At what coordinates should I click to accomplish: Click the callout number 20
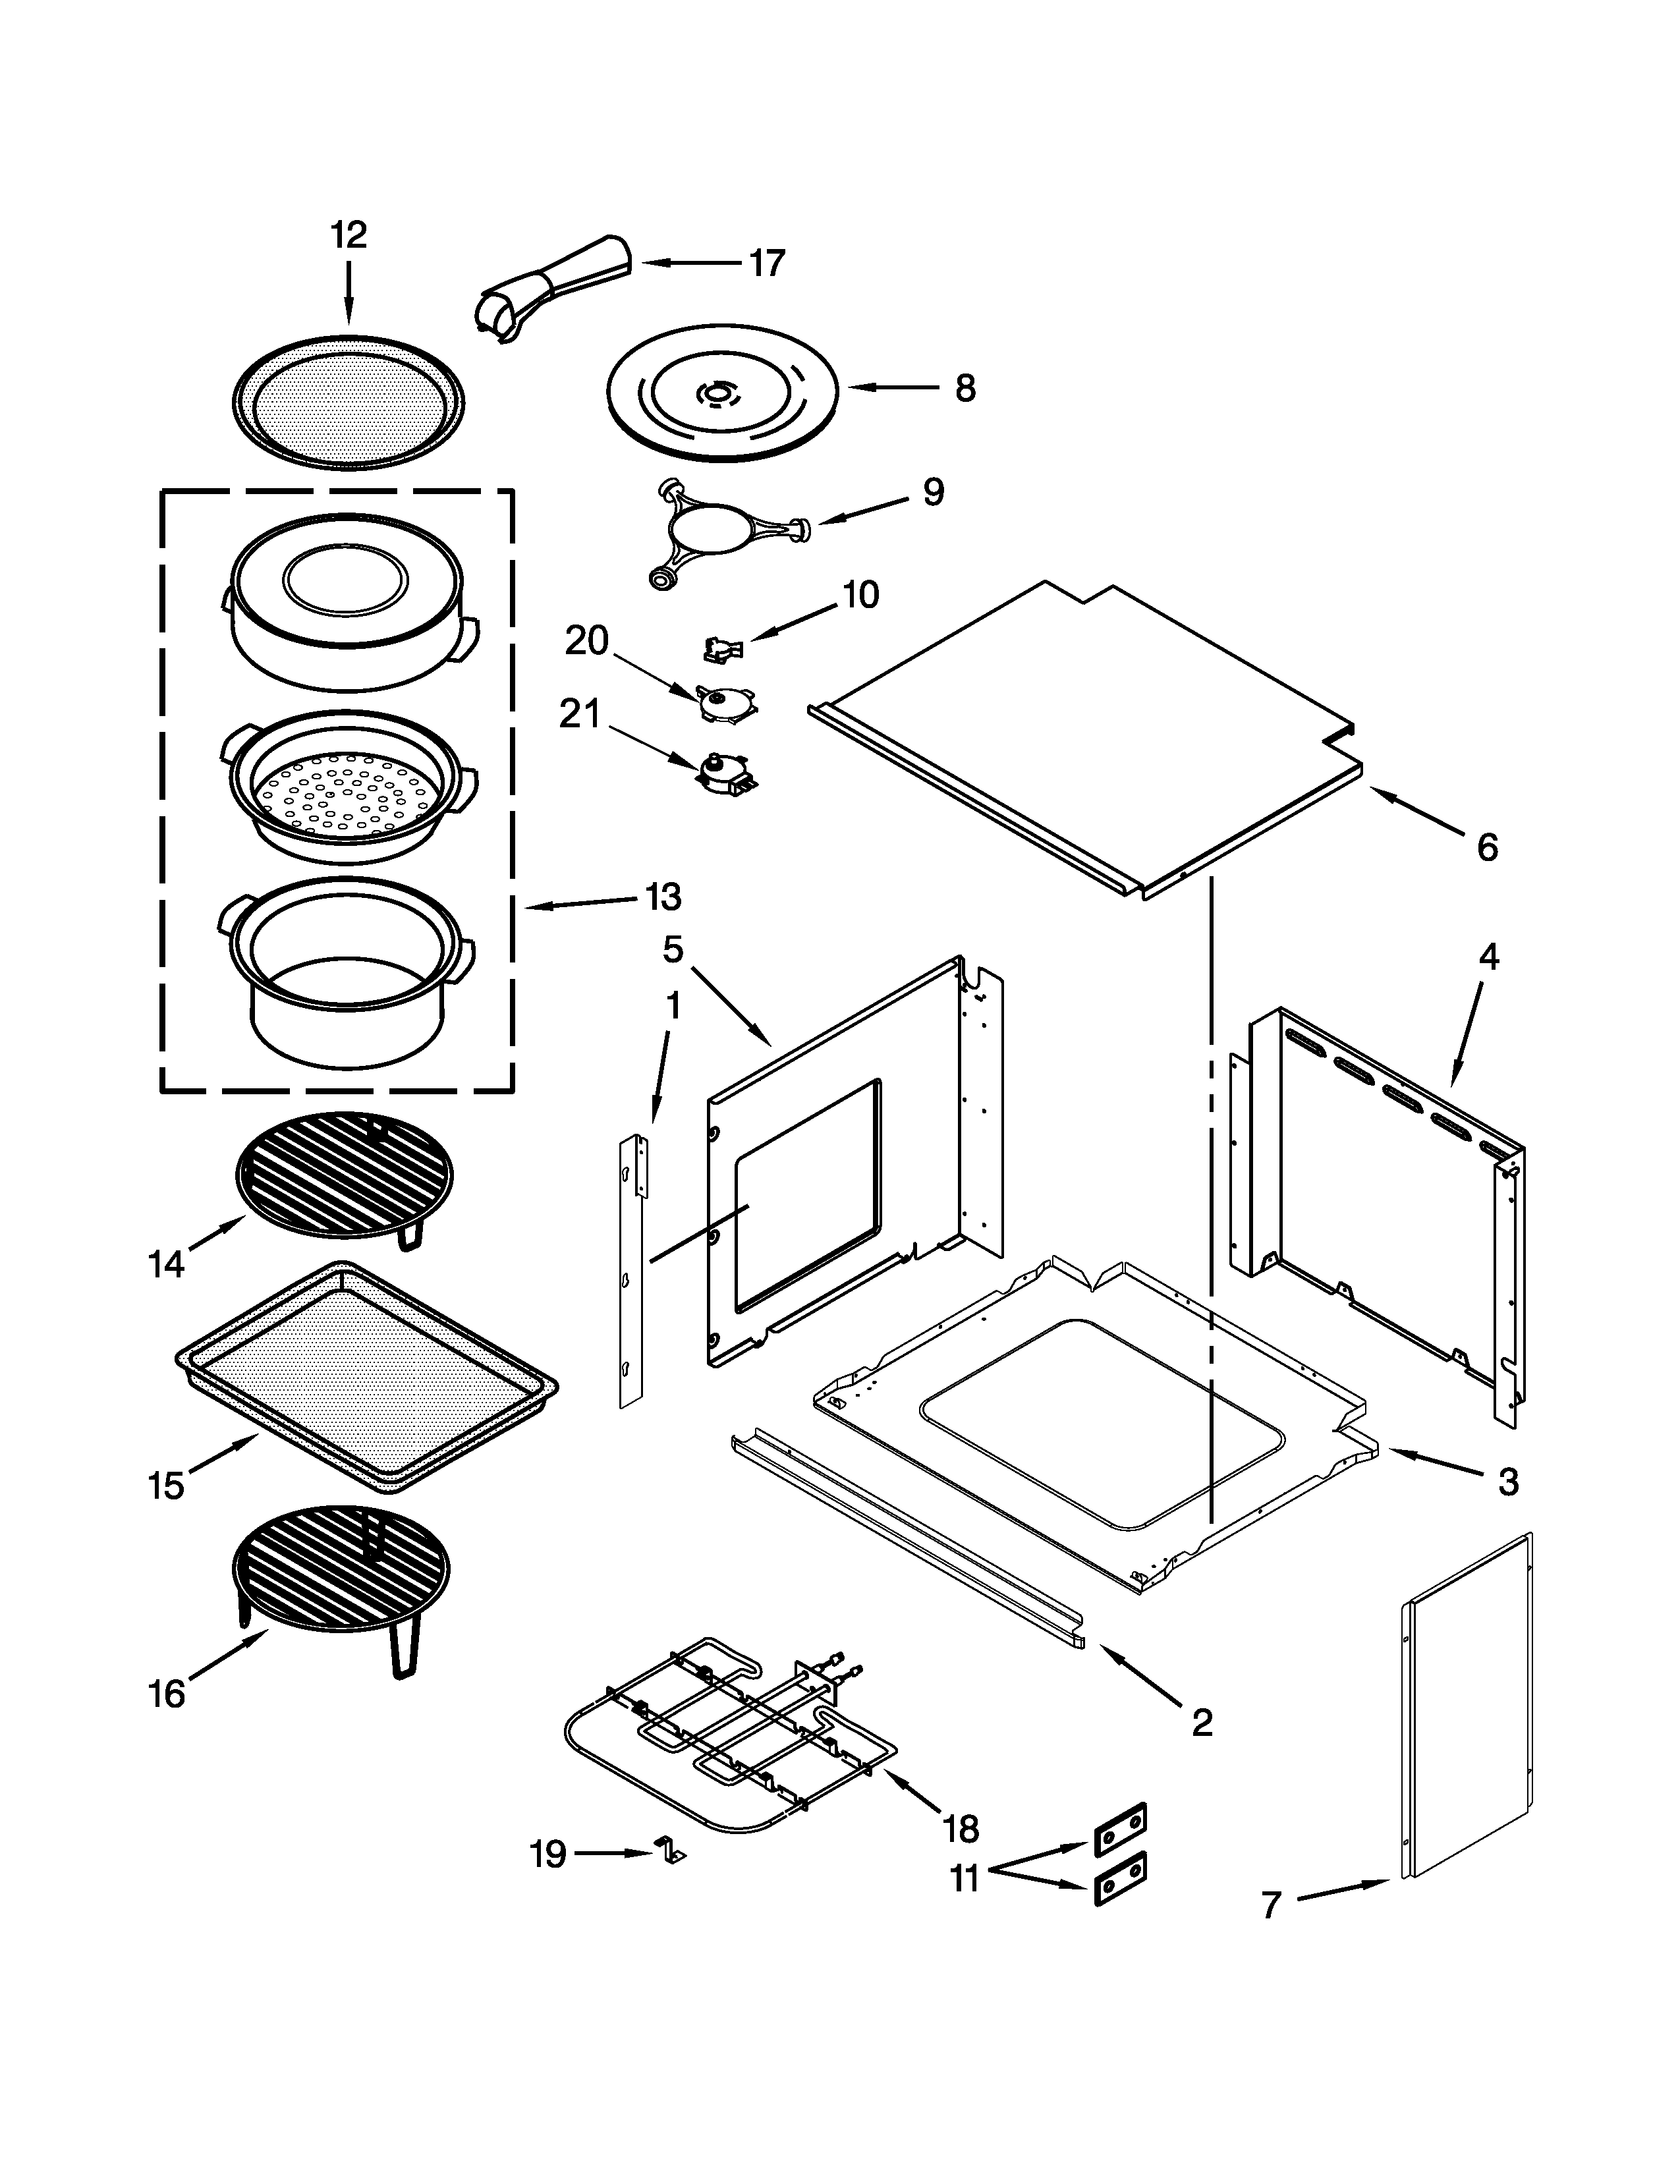pyautogui.click(x=586, y=641)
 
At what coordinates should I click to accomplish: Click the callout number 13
pyautogui.click(x=663, y=897)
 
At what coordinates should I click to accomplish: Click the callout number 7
pyautogui.click(x=1270, y=1905)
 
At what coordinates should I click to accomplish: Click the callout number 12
pyautogui.click(x=349, y=236)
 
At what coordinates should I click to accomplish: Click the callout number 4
pyautogui.click(x=1488, y=958)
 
